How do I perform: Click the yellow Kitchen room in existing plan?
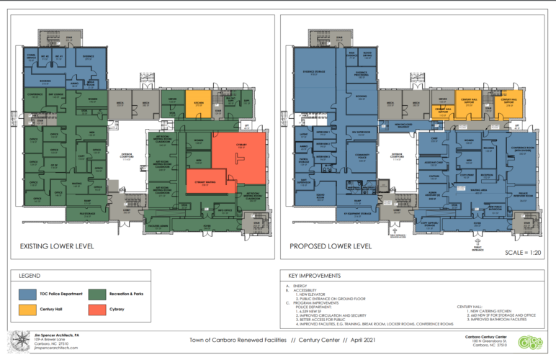click(x=198, y=102)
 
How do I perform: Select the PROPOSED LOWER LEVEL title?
click(x=331, y=247)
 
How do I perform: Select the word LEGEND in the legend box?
click(x=29, y=275)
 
